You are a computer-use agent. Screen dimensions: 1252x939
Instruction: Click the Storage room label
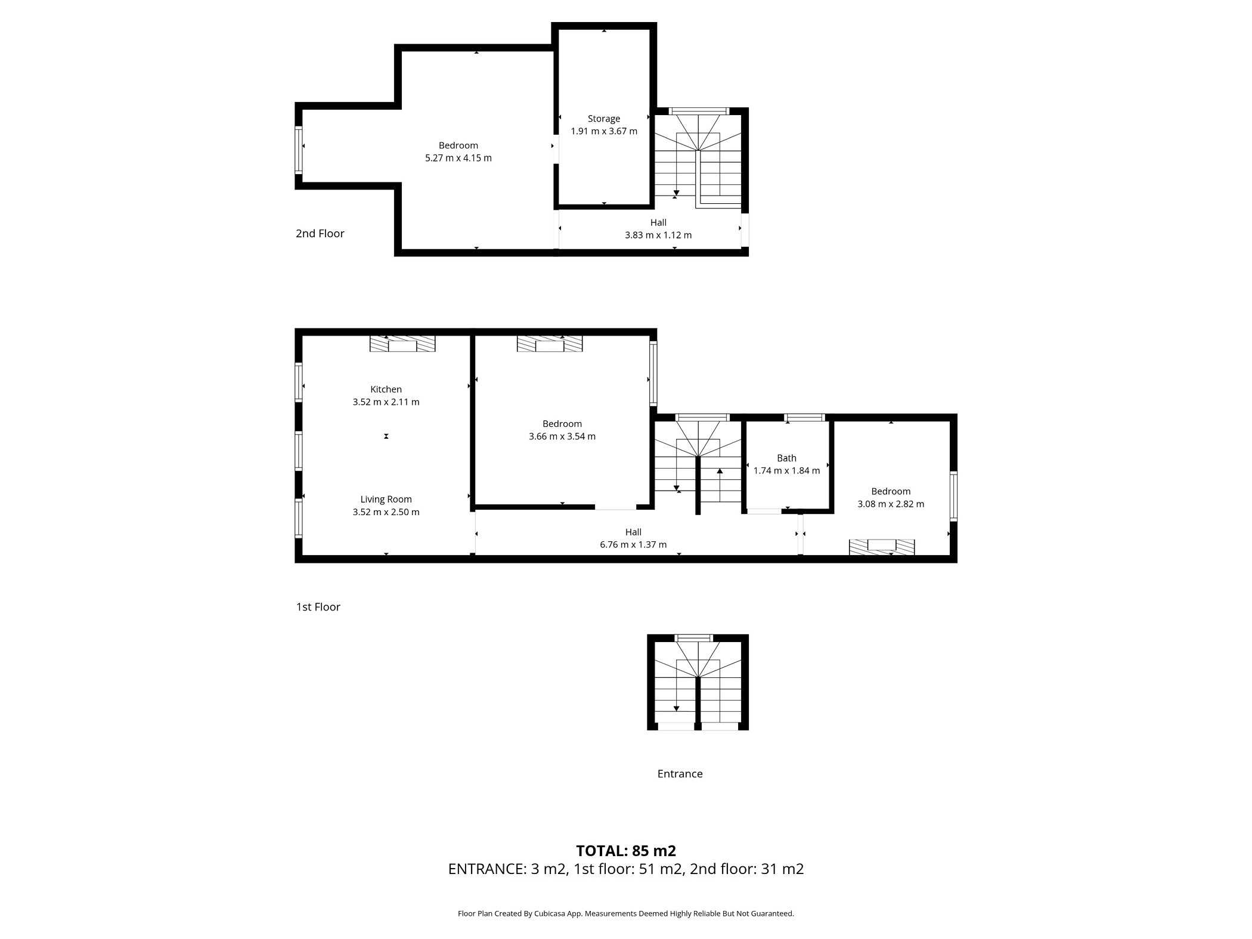click(603, 119)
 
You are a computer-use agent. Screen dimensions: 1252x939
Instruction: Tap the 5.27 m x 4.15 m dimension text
click(458, 158)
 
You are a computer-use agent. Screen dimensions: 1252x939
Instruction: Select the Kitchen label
click(386, 389)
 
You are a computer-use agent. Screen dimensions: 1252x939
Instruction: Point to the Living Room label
click(386, 500)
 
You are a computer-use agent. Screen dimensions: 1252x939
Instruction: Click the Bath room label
click(786, 458)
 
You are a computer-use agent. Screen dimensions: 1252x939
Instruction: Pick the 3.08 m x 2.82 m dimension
click(891, 504)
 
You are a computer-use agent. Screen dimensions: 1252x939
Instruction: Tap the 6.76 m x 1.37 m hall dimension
click(633, 544)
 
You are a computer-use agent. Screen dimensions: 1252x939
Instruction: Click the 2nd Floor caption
click(320, 233)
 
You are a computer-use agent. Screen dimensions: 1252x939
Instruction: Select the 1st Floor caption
click(318, 607)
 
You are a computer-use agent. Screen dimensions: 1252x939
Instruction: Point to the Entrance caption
click(680, 774)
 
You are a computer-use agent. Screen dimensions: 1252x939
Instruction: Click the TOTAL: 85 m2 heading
click(626, 851)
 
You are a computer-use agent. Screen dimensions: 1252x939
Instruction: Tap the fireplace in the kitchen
click(402, 343)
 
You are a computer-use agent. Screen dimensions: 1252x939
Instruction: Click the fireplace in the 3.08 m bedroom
click(882, 547)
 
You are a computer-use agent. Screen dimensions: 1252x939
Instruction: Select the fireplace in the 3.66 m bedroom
click(550, 343)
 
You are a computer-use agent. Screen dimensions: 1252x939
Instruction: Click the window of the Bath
click(804, 417)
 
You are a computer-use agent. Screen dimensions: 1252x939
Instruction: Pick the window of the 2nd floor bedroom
click(299, 150)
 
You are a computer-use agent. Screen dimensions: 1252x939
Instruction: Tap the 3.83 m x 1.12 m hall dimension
click(658, 235)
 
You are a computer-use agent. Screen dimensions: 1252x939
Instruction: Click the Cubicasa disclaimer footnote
click(626, 913)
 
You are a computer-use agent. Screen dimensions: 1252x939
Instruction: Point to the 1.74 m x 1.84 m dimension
click(786, 470)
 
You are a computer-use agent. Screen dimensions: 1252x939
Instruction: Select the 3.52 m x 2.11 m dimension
click(386, 402)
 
